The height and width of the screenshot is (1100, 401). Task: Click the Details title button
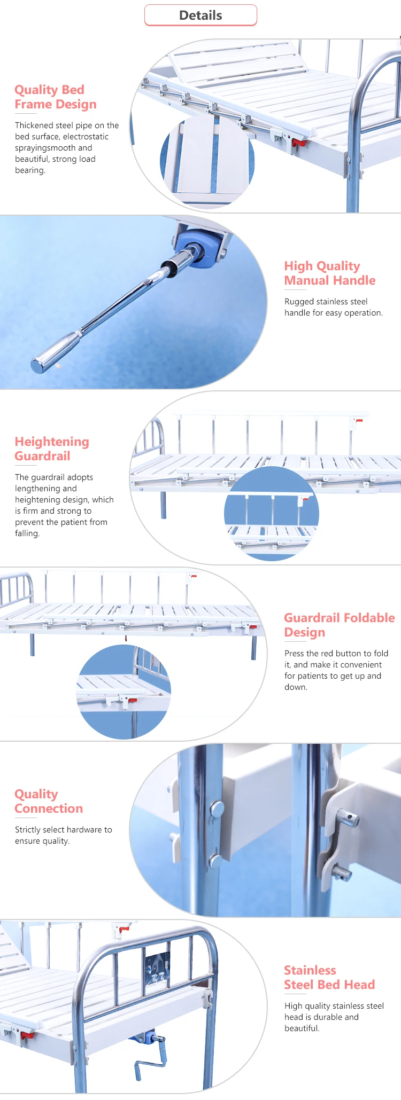click(x=200, y=15)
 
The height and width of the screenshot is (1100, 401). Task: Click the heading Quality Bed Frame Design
click(x=56, y=97)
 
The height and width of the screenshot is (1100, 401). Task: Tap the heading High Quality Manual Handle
click(x=329, y=273)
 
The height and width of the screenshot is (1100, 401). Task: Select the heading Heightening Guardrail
click(x=52, y=449)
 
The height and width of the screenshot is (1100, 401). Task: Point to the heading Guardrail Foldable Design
click(x=339, y=625)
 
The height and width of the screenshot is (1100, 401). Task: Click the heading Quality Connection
click(x=49, y=801)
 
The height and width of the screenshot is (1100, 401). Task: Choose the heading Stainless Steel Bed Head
click(x=329, y=977)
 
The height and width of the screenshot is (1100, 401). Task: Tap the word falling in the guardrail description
click(x=27, y=533)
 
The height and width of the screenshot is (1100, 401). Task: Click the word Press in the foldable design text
click(x=294, y=654)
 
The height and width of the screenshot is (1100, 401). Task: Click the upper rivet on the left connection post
click(x=217, y=809)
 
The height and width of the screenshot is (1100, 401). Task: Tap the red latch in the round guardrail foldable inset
click(x=131, y=700)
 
